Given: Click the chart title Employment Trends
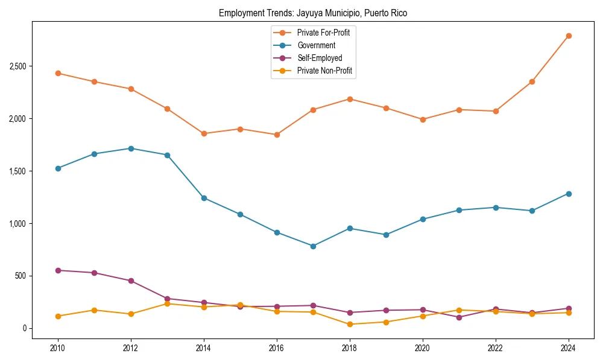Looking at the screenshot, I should pos(313,13).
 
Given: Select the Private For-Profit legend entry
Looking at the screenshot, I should pos(323,33).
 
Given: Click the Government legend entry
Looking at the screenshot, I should pos(316,45).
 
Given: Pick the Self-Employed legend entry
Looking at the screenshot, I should pos(320,59).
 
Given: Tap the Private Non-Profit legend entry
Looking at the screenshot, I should pos(324,71).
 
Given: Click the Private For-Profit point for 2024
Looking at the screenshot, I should pos(569,36).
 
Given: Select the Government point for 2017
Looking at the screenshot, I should pos(313,246).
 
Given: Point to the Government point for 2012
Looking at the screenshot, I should pos(131,148).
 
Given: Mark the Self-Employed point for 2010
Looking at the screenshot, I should pos(58,270).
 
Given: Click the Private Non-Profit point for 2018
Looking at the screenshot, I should pos(350,324).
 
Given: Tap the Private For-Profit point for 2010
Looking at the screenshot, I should pos(58,73).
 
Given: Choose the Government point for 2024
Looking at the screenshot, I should pos(569,194).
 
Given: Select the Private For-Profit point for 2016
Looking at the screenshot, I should pos(277,135).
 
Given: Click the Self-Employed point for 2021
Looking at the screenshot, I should pos(459,317).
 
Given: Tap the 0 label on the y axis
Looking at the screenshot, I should pos(24,328).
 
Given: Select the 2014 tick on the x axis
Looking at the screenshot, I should pos(204,348).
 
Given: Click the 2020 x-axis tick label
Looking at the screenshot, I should pos(423,348).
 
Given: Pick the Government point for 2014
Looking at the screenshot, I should pos(204,198).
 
